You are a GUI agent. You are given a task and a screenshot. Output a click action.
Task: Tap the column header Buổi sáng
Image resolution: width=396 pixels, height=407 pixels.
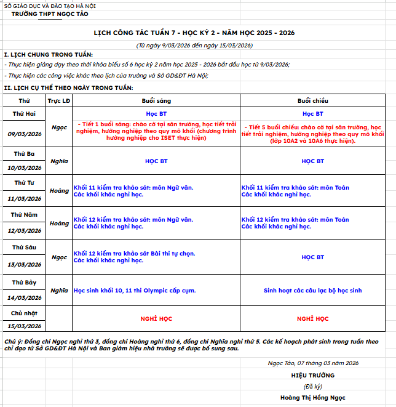[x=156, y=100]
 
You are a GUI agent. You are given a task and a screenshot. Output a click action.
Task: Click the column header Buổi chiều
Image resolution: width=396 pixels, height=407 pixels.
[x=312, y=100]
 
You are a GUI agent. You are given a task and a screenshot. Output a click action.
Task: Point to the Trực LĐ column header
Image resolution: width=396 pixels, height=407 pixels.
[x=59, y=100]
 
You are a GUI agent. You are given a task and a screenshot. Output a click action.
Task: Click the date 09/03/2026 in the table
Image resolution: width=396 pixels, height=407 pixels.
[x=25, y=134]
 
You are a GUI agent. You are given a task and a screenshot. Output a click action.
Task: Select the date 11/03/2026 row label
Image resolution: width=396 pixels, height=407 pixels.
[x=25, y=198]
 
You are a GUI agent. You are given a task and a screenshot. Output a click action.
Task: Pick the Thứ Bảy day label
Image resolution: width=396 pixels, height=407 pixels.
[x=25, y=282]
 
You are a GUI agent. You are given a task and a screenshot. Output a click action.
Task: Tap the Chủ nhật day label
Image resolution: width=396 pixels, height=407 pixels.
[x=25, y=313]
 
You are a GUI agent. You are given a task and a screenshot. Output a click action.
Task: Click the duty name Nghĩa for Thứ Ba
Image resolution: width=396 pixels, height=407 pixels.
[x=59, y=161]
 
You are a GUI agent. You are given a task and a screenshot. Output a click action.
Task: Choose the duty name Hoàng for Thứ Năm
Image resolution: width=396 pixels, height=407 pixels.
[x=59, y=223]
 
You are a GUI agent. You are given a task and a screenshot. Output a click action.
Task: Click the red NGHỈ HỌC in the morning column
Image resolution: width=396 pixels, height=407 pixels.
[x=156, y=319]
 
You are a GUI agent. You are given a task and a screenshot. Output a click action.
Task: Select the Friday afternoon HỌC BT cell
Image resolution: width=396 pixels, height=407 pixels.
[x=312, y=257]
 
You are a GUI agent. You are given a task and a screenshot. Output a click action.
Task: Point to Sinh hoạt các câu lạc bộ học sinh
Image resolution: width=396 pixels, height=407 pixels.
[x=312, y=290]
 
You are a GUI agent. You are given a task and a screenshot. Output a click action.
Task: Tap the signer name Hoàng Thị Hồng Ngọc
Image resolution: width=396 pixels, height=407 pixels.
[x=313, y=398]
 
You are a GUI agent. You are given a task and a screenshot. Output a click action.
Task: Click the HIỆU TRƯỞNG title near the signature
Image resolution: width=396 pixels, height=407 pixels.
[x=313, y=375]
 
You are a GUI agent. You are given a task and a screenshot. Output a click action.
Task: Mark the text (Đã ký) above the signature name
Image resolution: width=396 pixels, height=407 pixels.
[x=313, y=386]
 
